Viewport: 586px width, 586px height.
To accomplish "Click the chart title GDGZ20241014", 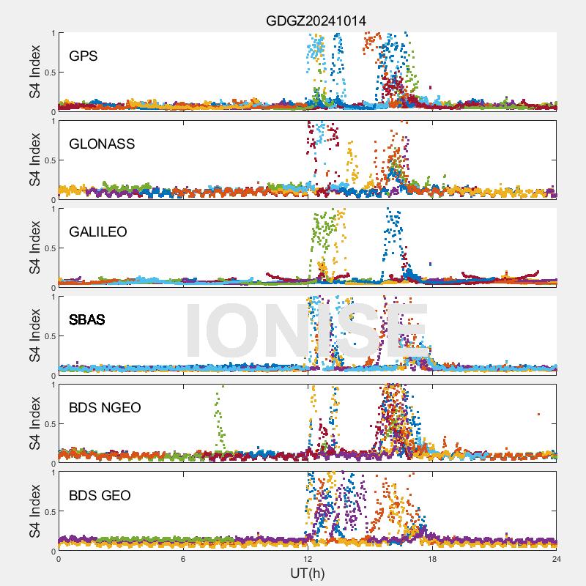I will click(316, 21).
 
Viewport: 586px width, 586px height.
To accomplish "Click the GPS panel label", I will click(84, 56).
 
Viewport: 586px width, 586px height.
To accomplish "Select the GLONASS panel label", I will click(102, 144).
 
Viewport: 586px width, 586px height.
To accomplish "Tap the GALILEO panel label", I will click(98, 231).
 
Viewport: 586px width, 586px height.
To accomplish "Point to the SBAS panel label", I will click(86, 319).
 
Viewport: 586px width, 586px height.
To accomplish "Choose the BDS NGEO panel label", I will click(105, 407).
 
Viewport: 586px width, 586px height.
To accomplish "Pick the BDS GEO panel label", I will click(100, 495).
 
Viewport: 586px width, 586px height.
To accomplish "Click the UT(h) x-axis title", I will click(307, 573).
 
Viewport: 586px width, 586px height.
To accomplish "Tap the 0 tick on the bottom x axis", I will click(59, 559).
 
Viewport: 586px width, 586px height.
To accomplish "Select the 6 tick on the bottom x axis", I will click(183, 559).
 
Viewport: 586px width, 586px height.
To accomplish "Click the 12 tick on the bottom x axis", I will click(308, 559).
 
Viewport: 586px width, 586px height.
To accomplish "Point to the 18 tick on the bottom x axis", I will click(432, 559).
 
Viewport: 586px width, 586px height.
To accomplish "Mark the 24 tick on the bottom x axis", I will click(557, 559).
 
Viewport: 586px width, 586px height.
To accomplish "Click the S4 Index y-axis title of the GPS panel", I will click(35, 72).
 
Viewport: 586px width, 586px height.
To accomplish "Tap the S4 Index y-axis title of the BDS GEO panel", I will click(35, 511).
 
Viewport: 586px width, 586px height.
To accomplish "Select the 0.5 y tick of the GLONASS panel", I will click(48, 160).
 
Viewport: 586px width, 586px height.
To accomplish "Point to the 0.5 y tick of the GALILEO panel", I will click(48, 248).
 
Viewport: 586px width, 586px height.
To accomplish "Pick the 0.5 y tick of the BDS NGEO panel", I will click(48, 423).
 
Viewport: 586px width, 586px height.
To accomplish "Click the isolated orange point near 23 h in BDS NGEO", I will click(538, 414).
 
